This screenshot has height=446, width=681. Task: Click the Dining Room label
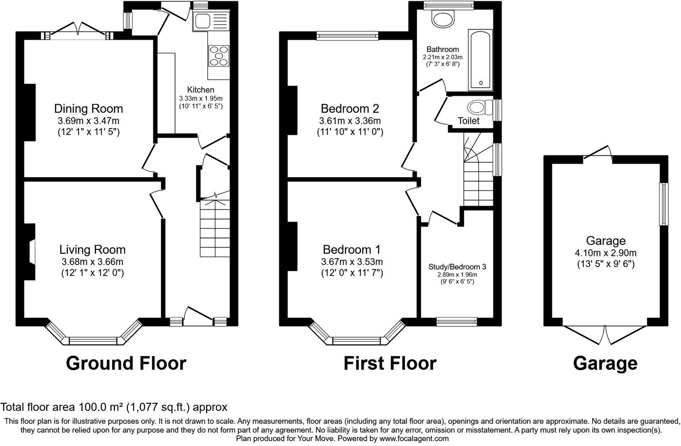[x=88, y=108]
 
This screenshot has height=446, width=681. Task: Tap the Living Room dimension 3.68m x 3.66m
[x=92, y=262]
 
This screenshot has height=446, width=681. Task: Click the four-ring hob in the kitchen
[x=218, y=56]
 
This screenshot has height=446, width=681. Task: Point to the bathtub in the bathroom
[x=480, y=60]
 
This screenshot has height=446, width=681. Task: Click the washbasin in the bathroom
[x=443, y=19]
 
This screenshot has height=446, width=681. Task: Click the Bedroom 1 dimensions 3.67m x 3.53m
[x=352, y=262]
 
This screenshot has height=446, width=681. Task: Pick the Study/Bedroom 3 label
[x=457, y=267]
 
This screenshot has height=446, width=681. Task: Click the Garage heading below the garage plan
[x=605, y=363]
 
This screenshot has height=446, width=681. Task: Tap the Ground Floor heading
[x=126, y=363]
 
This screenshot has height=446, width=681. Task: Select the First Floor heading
[x=390, y=363]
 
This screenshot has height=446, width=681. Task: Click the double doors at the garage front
[x=605, y=334]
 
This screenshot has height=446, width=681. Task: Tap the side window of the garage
[x=664, y=204]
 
